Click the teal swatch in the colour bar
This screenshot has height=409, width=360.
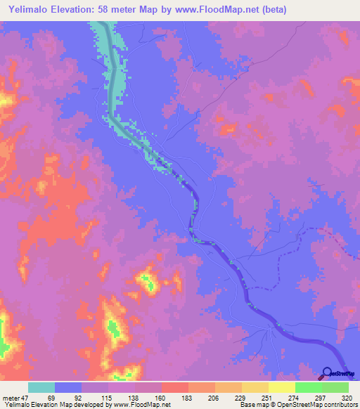[41, 387]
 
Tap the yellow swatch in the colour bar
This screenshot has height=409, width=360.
[281, 387]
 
